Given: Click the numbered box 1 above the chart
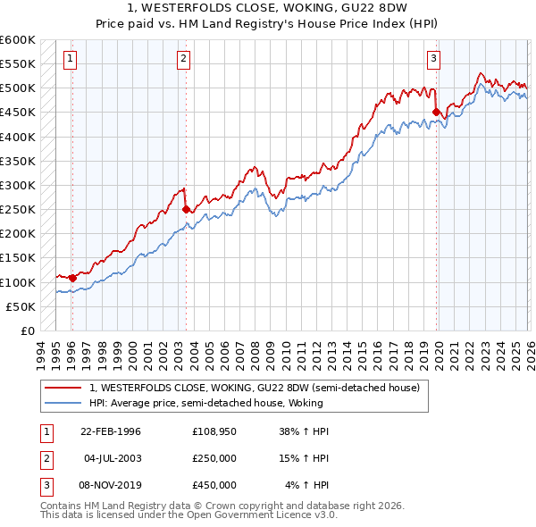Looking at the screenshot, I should [70, 60].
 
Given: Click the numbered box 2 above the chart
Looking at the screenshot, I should [183, 60].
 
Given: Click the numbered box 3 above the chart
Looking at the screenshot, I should [433, 60].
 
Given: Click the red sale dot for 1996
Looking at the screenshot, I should [72, 278].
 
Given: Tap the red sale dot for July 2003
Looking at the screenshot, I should [186, 210].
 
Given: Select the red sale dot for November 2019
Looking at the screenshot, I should [437, 113].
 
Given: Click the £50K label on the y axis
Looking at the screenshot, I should [21, 306].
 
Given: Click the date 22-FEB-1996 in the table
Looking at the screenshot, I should [110, 431].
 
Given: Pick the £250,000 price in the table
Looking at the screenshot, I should [214, 457].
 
